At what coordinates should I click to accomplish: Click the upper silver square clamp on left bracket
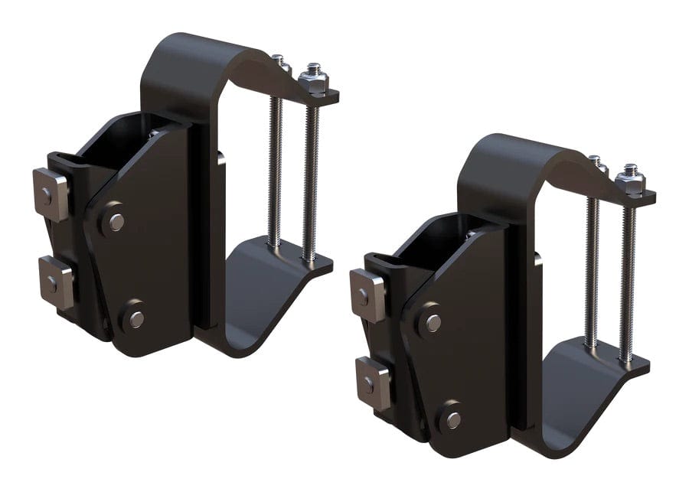(51, 194)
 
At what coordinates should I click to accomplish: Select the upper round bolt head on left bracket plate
(116, 222)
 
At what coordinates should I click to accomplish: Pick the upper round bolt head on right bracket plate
(433, 323)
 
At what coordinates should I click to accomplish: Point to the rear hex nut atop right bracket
(596, 163)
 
